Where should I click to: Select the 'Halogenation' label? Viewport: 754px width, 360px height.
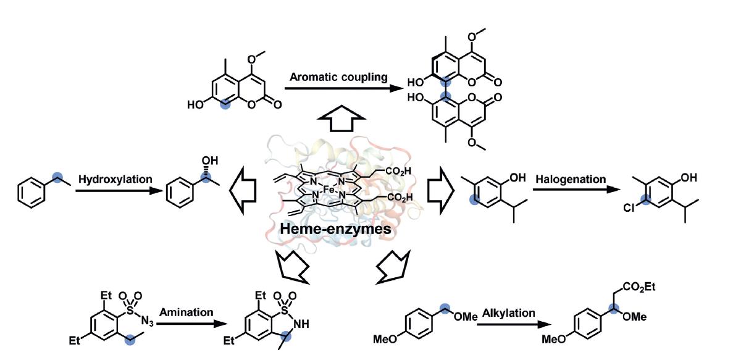click(x=570, y=179)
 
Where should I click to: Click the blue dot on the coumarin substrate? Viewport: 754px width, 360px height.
click(x=226, y=106)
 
